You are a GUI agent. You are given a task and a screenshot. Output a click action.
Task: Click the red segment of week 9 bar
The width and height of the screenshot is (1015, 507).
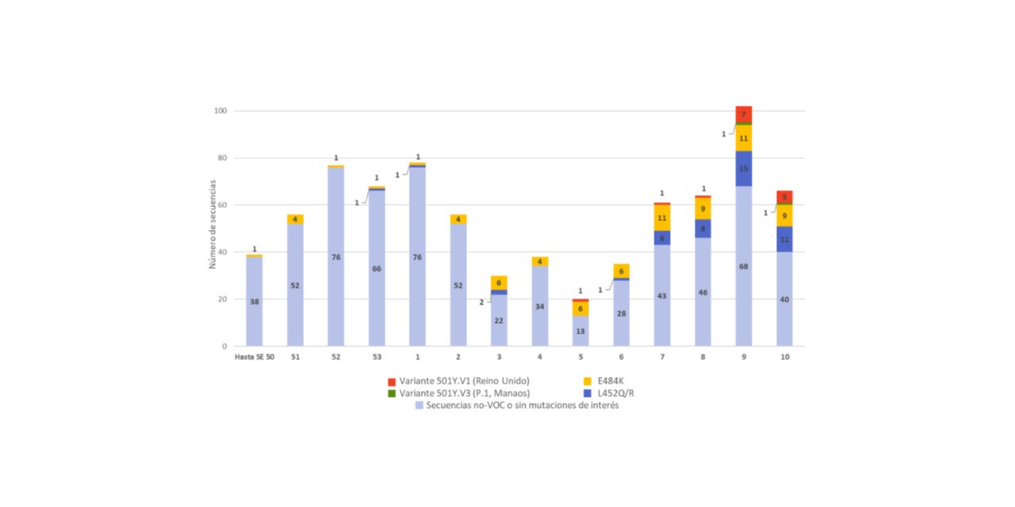744,115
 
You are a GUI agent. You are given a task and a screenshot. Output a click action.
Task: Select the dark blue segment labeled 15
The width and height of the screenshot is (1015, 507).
744,169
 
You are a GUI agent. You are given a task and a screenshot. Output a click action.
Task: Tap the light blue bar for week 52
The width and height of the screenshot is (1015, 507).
336,257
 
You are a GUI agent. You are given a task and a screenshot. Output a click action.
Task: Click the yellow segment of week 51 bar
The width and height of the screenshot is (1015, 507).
295,219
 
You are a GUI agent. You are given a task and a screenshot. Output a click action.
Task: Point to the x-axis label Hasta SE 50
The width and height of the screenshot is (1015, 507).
254,357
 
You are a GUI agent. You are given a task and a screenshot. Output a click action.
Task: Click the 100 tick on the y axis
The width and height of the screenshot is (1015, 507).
220,111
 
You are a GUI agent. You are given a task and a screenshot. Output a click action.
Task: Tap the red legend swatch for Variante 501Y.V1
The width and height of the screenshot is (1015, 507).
391,381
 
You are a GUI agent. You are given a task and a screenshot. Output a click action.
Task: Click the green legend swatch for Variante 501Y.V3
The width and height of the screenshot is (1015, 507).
391,393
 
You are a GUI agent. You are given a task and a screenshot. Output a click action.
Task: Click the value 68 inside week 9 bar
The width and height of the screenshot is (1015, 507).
744,266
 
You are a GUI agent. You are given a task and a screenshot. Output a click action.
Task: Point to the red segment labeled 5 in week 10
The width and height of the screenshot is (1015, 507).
784,197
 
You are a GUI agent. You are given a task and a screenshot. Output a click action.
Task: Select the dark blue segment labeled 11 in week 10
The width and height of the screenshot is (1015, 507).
784,239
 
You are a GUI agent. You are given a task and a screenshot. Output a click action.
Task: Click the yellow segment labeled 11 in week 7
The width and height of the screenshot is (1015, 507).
662,218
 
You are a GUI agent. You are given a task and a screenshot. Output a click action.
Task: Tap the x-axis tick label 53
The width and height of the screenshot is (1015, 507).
377,357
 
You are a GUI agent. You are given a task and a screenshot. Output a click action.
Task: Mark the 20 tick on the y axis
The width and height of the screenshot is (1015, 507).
222,299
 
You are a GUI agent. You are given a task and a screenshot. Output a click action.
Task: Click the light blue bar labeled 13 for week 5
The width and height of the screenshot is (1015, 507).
580,331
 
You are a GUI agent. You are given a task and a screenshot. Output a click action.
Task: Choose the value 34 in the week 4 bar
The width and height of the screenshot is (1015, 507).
540,307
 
